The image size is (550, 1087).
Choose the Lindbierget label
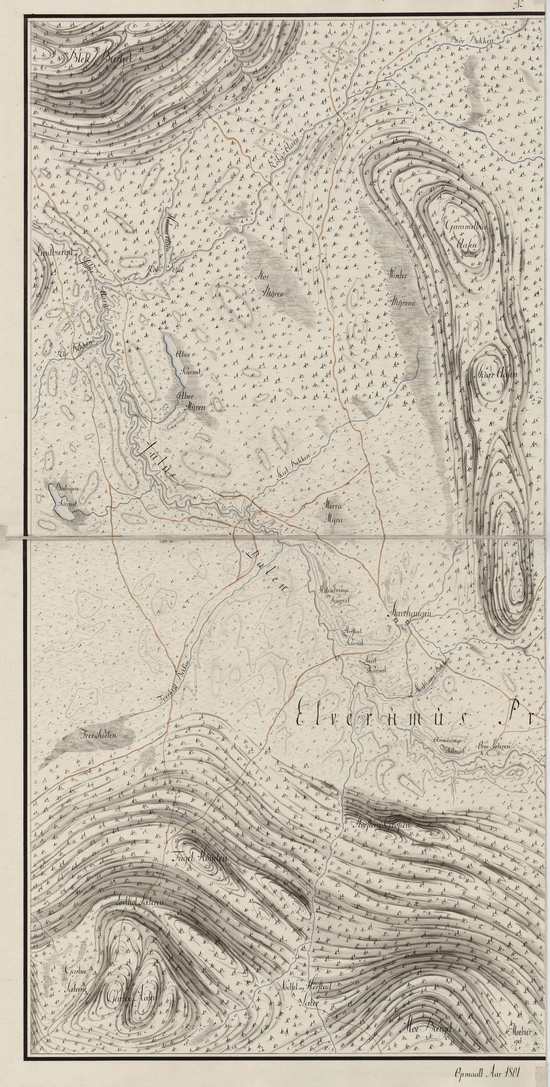click(x=55, y=252)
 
